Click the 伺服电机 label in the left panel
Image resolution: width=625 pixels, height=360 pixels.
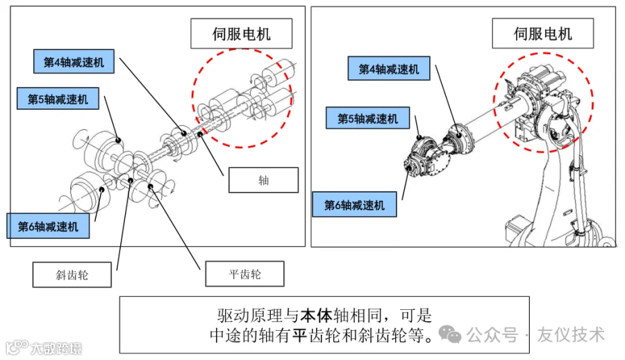pos(241,33)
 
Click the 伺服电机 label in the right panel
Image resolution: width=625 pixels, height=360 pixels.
pos(542,33)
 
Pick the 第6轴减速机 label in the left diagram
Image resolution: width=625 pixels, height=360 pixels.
pos(48,226)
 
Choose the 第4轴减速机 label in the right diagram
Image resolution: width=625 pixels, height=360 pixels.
pos(388,69)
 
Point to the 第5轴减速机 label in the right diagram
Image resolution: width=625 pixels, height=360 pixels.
pos(367,118)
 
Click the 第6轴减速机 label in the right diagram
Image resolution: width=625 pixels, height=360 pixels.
pos(353,205)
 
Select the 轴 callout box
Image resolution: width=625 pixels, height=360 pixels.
pos(263,181)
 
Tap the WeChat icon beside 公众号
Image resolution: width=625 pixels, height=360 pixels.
pos(451,335)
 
